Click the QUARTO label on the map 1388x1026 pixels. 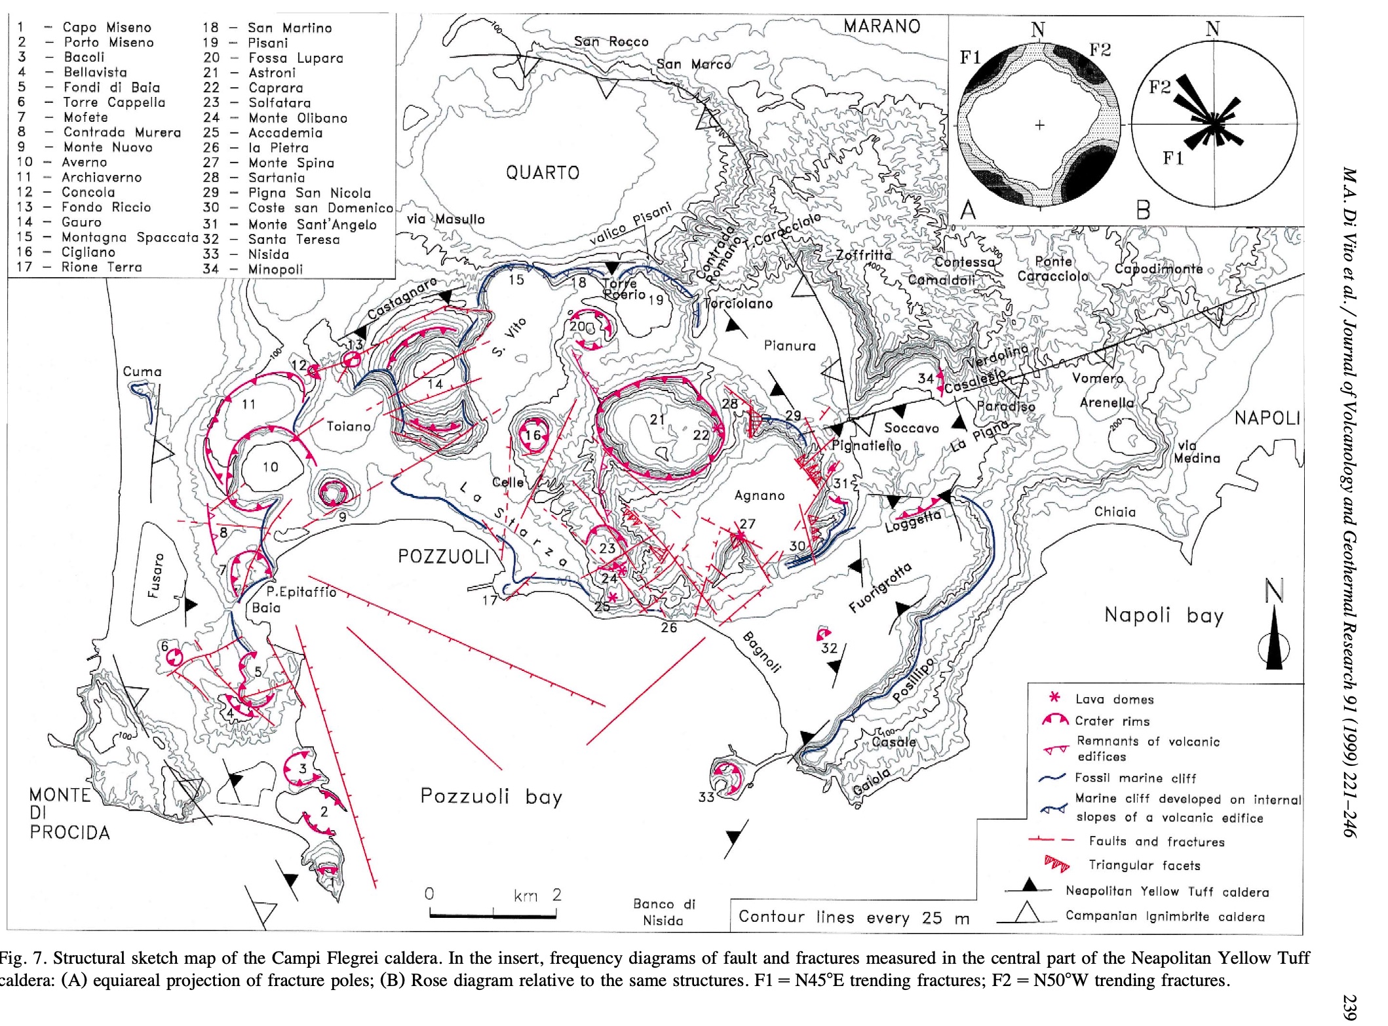click(542, 173)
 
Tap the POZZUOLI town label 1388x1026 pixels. click(444, 557)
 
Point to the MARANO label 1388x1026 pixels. click(881, 26)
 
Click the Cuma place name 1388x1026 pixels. click(142, 371)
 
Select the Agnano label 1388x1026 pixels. click(759, 496)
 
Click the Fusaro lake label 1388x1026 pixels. click(155, 576)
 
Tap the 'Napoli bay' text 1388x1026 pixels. click(1163, 615)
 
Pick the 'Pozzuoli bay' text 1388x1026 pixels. click(491, 797)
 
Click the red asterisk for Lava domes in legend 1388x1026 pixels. click(1054, 698)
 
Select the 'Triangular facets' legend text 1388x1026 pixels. click(1144, 865)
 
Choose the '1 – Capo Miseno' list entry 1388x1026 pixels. click(85, 28)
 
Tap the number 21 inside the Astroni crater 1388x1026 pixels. click(657, 419)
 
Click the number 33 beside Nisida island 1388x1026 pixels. click(706, 797)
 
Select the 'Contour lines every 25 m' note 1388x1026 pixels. click(853, 917)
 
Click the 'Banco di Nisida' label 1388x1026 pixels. click(663, 912)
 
